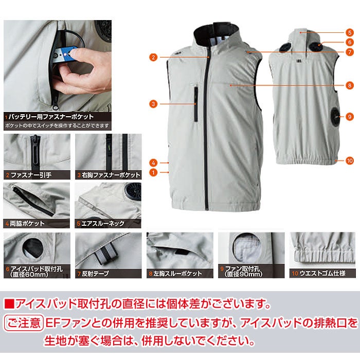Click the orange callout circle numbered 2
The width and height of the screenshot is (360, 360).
tap(153, 57)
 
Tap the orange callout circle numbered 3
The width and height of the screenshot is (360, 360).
tap(153, 104)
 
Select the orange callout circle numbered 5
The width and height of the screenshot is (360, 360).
tap(349, 32)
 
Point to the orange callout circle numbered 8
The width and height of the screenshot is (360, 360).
tap(349, 85)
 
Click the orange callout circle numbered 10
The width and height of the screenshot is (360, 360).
tap(349, 160)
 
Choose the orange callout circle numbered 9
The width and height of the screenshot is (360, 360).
tap(349, 117)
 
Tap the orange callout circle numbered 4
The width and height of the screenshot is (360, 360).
tap(153, 163)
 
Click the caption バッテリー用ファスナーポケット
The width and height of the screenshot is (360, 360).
tap(51, 117)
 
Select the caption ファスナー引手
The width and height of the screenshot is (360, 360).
tap(31, 175)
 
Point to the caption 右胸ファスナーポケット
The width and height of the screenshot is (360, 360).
tap(111, 175)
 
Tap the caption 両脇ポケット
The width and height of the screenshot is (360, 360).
tap(27, 223)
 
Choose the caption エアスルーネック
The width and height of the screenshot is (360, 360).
tap(103, 223)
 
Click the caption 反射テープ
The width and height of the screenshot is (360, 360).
tap(95, 274)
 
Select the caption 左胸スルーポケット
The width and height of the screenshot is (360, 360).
tap(177, 274)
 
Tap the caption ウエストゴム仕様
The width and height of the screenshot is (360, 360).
tap(322, 273)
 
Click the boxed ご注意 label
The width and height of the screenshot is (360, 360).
tap(24, 323)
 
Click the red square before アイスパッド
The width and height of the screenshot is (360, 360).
tap(9, 303)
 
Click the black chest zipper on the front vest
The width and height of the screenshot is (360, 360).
tap(196, 104)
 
